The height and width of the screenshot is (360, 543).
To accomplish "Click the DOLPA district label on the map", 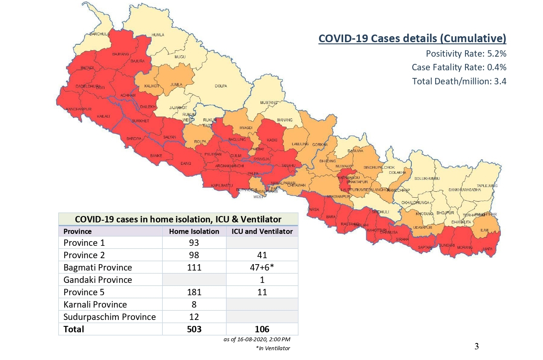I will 221,86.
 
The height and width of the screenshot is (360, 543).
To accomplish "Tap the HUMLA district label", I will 158,35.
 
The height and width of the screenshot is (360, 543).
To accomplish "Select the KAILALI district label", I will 103,116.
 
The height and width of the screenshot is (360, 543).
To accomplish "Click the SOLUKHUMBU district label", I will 427,178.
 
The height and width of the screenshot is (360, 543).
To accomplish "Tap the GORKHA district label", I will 320,144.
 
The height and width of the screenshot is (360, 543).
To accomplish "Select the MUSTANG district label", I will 269,103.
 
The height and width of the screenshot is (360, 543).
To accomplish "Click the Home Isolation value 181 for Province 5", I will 194,292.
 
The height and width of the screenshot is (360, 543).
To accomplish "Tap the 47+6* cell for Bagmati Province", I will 262,268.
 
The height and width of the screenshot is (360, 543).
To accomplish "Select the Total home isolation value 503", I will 194,329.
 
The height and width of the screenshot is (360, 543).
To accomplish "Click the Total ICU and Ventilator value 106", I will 262,329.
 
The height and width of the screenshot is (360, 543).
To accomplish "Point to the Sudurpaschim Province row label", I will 109,317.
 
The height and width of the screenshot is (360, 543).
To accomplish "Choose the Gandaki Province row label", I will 98,280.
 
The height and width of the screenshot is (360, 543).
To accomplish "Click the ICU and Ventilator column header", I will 262,231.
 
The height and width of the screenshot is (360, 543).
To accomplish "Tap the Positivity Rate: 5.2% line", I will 466,54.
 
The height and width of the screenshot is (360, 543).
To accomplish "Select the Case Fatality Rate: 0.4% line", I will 459,67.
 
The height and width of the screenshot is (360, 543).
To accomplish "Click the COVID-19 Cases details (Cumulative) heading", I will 412,38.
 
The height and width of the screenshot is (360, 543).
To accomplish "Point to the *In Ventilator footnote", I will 273,348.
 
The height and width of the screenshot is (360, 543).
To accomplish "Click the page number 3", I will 477,346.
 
